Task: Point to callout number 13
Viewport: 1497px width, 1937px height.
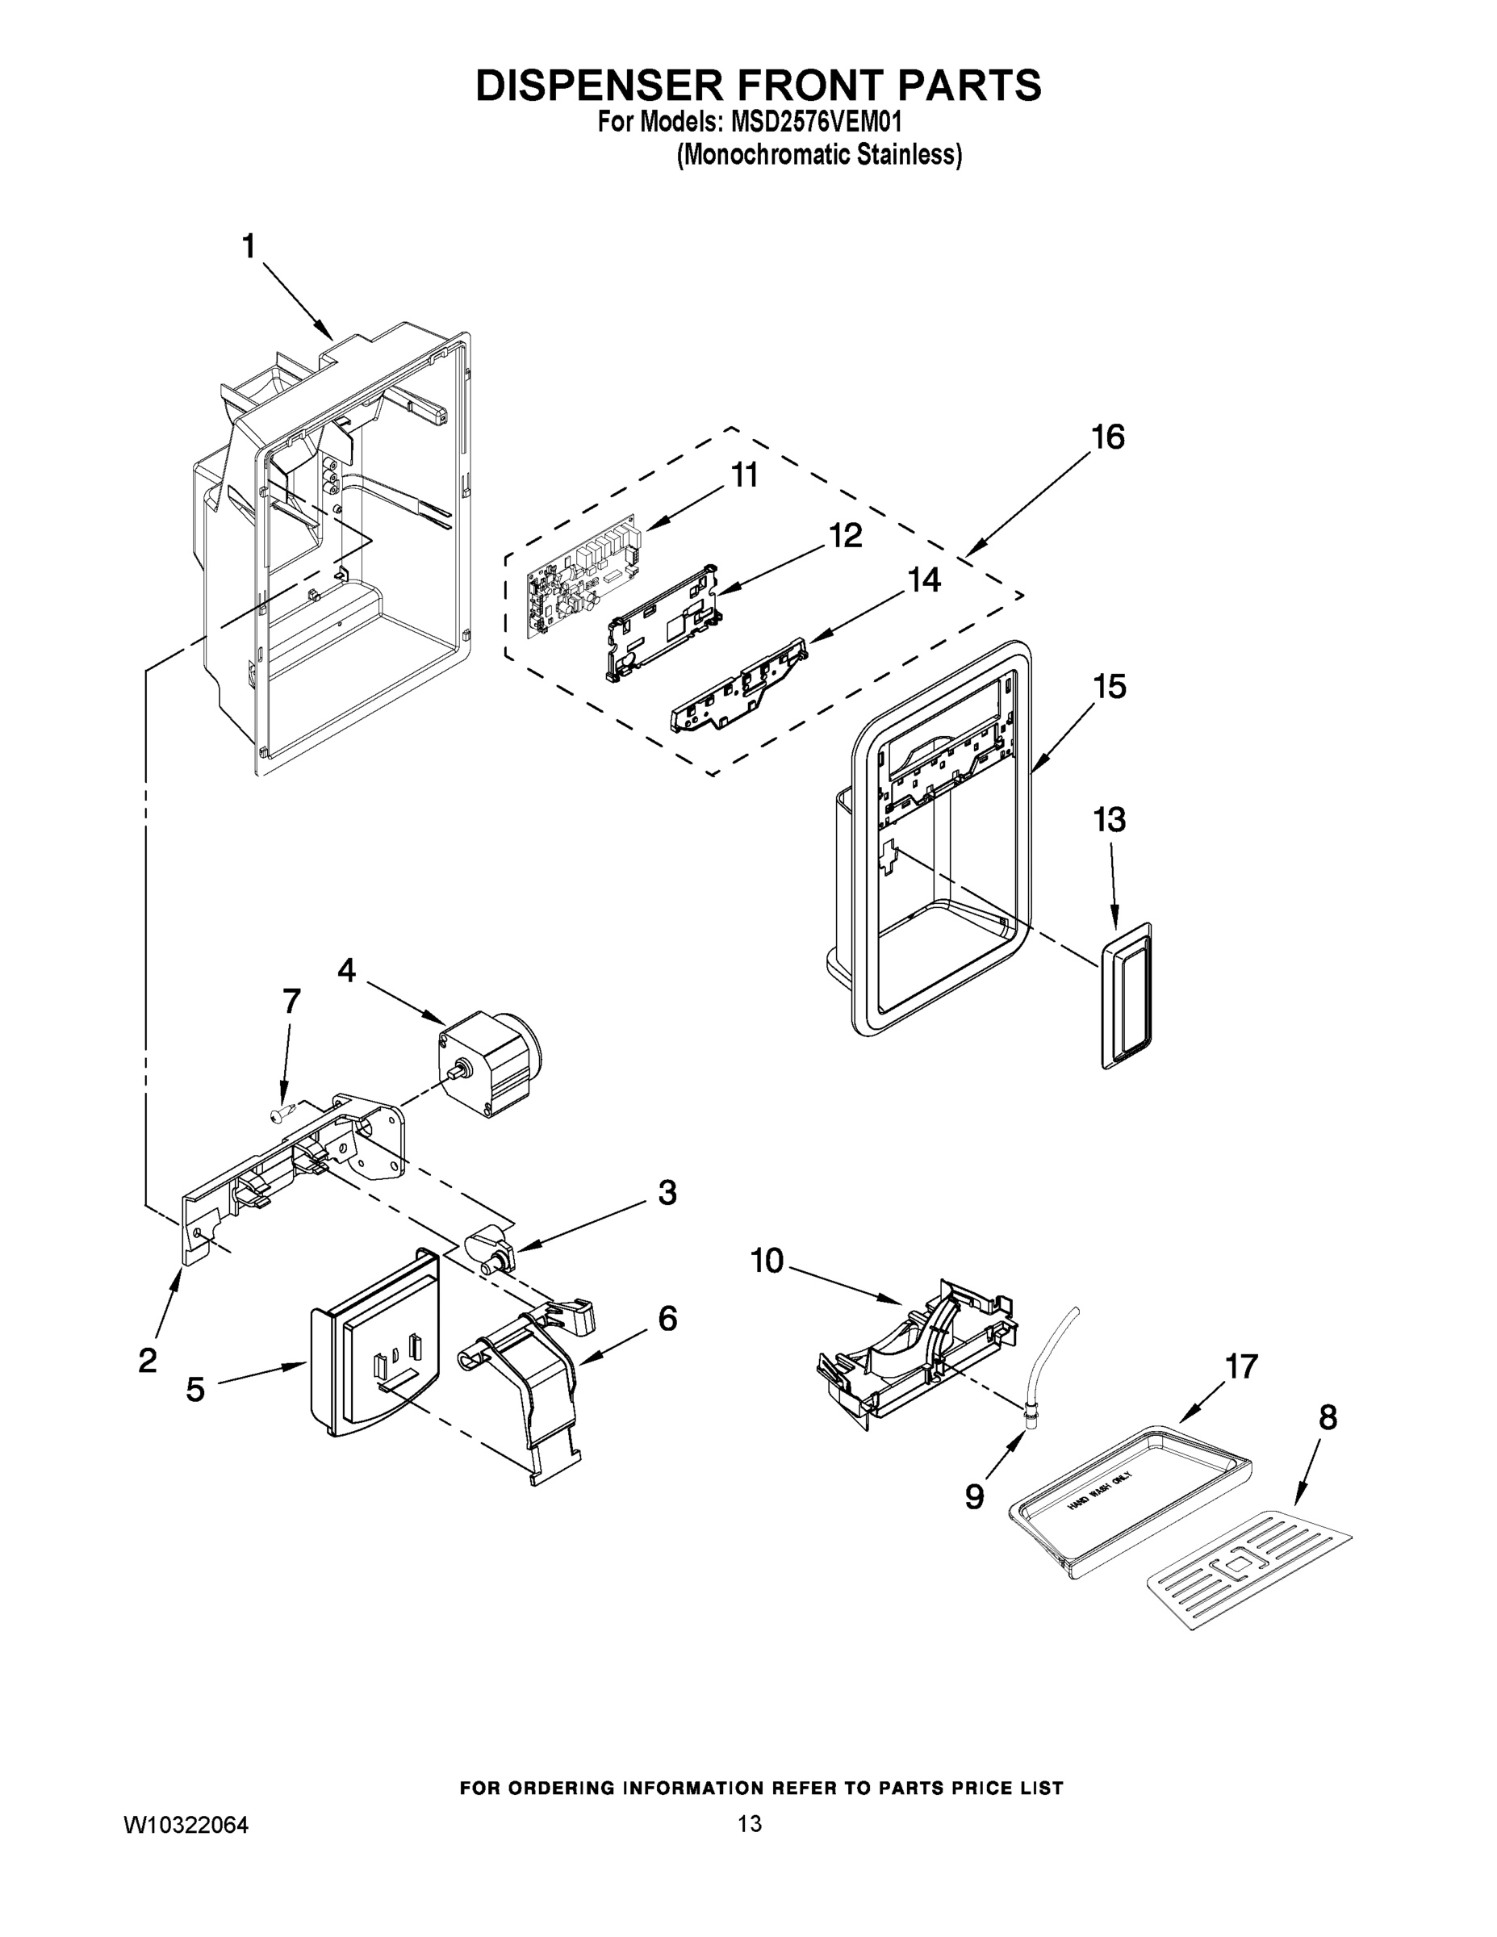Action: (x=1109, y=819)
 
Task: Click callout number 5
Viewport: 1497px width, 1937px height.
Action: (x=195, y=1389)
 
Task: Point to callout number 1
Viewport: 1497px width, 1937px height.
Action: (x=249, y=246)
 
